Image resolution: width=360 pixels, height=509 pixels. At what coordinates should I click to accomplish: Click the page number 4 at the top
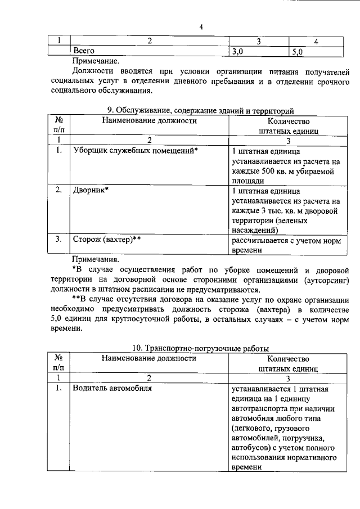200,27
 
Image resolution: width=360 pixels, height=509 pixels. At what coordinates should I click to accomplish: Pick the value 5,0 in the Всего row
297,52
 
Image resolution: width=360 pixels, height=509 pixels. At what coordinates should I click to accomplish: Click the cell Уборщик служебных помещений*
136,151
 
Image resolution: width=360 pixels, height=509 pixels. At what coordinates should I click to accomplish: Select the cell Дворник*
91,190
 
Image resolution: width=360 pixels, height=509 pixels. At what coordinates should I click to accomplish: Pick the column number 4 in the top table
317,41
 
